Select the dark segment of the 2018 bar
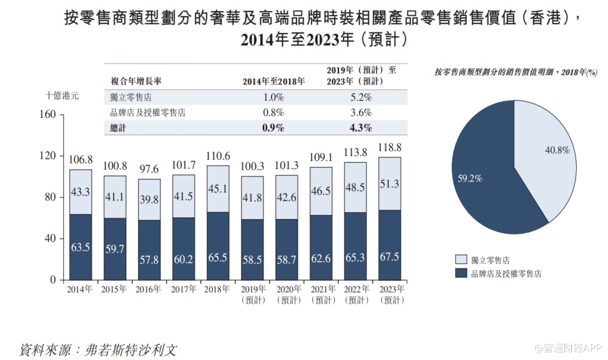point(217,246)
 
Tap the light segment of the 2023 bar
point(390,183)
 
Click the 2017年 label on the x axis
point(183,289)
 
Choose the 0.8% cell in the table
point(273,113)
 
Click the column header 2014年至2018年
point(273,81)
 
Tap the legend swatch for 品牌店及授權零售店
point(461,273)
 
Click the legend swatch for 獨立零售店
point(461,260)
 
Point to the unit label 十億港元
point(62,95)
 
